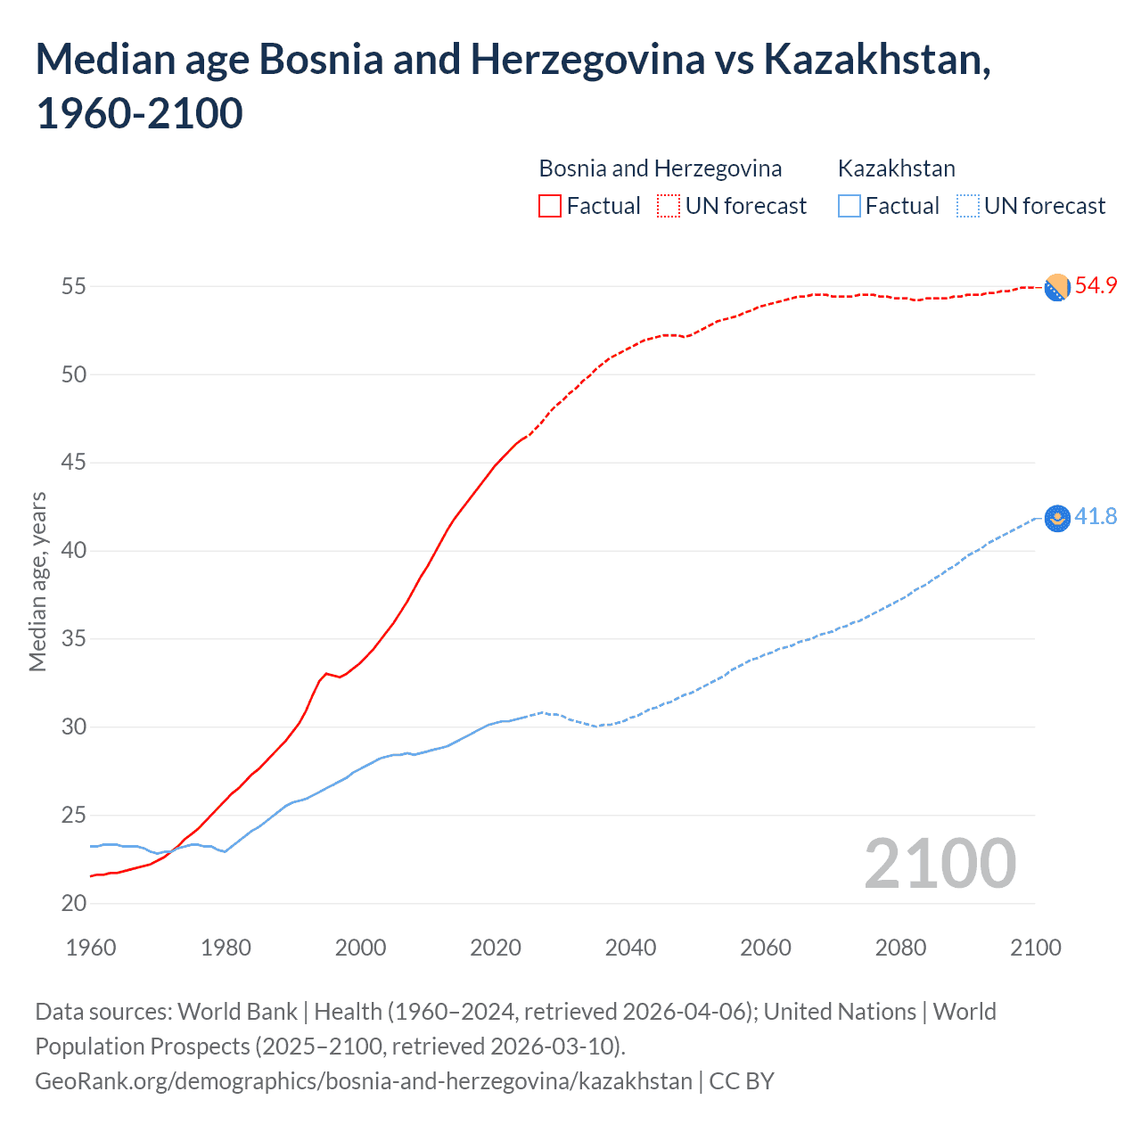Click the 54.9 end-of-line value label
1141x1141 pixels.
(x=1096, y=286)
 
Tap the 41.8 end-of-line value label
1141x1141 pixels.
(x=1096, y=517)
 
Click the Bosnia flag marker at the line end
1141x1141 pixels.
(x=1057, y=287)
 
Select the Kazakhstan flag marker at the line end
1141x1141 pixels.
(x=1057, y=518)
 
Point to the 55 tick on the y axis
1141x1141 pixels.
(x=74, y=287)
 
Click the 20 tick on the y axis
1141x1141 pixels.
(x=74, y=904)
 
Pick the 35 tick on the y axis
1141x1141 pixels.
(x=74, y=639)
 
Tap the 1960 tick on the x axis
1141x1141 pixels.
(x=91, y=948)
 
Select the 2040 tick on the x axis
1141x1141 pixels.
(x=630, y=948)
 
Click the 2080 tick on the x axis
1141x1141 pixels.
(x=900, y=948)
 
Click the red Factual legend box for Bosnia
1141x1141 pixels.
(x=550, y=206)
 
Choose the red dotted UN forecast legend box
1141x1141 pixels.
(x=669, y=206)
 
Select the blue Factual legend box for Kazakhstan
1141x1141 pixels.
(x=850, y=206)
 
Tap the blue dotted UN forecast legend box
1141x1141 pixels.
(x=968, y=206)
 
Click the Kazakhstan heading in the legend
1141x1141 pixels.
(x=896, y=168)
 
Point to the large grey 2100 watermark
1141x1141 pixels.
(x=940, y=864)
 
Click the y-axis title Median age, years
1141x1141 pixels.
(x=37, y=581)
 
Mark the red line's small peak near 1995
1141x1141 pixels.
(x=326, y=673)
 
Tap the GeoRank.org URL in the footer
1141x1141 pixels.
(x=364, y=1081)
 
